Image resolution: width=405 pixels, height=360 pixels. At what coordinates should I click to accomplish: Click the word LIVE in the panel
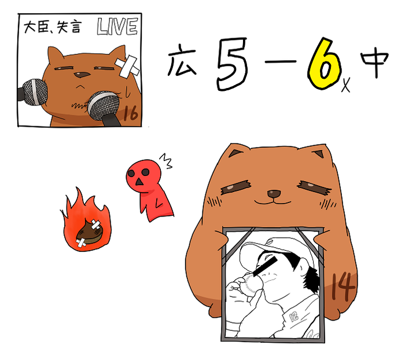(117, 27)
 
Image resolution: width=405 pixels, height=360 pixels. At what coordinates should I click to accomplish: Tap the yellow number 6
(324, 64)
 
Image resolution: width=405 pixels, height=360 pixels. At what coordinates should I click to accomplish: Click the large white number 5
(231, 64)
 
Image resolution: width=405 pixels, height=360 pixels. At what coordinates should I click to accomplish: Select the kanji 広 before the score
(182, 60)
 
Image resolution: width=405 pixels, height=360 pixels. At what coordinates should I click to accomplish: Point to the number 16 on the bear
(130, 113)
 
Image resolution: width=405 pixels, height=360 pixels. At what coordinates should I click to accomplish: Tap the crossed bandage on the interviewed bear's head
(127, 67)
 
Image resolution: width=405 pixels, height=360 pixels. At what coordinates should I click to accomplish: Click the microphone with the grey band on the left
(33, 92)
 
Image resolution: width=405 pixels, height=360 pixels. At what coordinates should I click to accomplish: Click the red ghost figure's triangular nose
(139, 182)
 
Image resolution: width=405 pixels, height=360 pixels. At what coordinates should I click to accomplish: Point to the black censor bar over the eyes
(265, 266)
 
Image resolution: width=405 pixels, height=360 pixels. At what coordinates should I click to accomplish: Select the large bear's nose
(274, 193)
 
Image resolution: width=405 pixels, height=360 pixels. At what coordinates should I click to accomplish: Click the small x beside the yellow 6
(345, 85)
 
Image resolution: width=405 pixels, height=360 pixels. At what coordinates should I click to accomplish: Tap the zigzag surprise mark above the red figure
(165, 161)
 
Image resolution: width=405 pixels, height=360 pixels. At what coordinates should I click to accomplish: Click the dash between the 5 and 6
(281, 62)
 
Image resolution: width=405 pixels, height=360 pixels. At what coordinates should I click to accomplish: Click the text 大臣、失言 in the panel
(53, 27)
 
